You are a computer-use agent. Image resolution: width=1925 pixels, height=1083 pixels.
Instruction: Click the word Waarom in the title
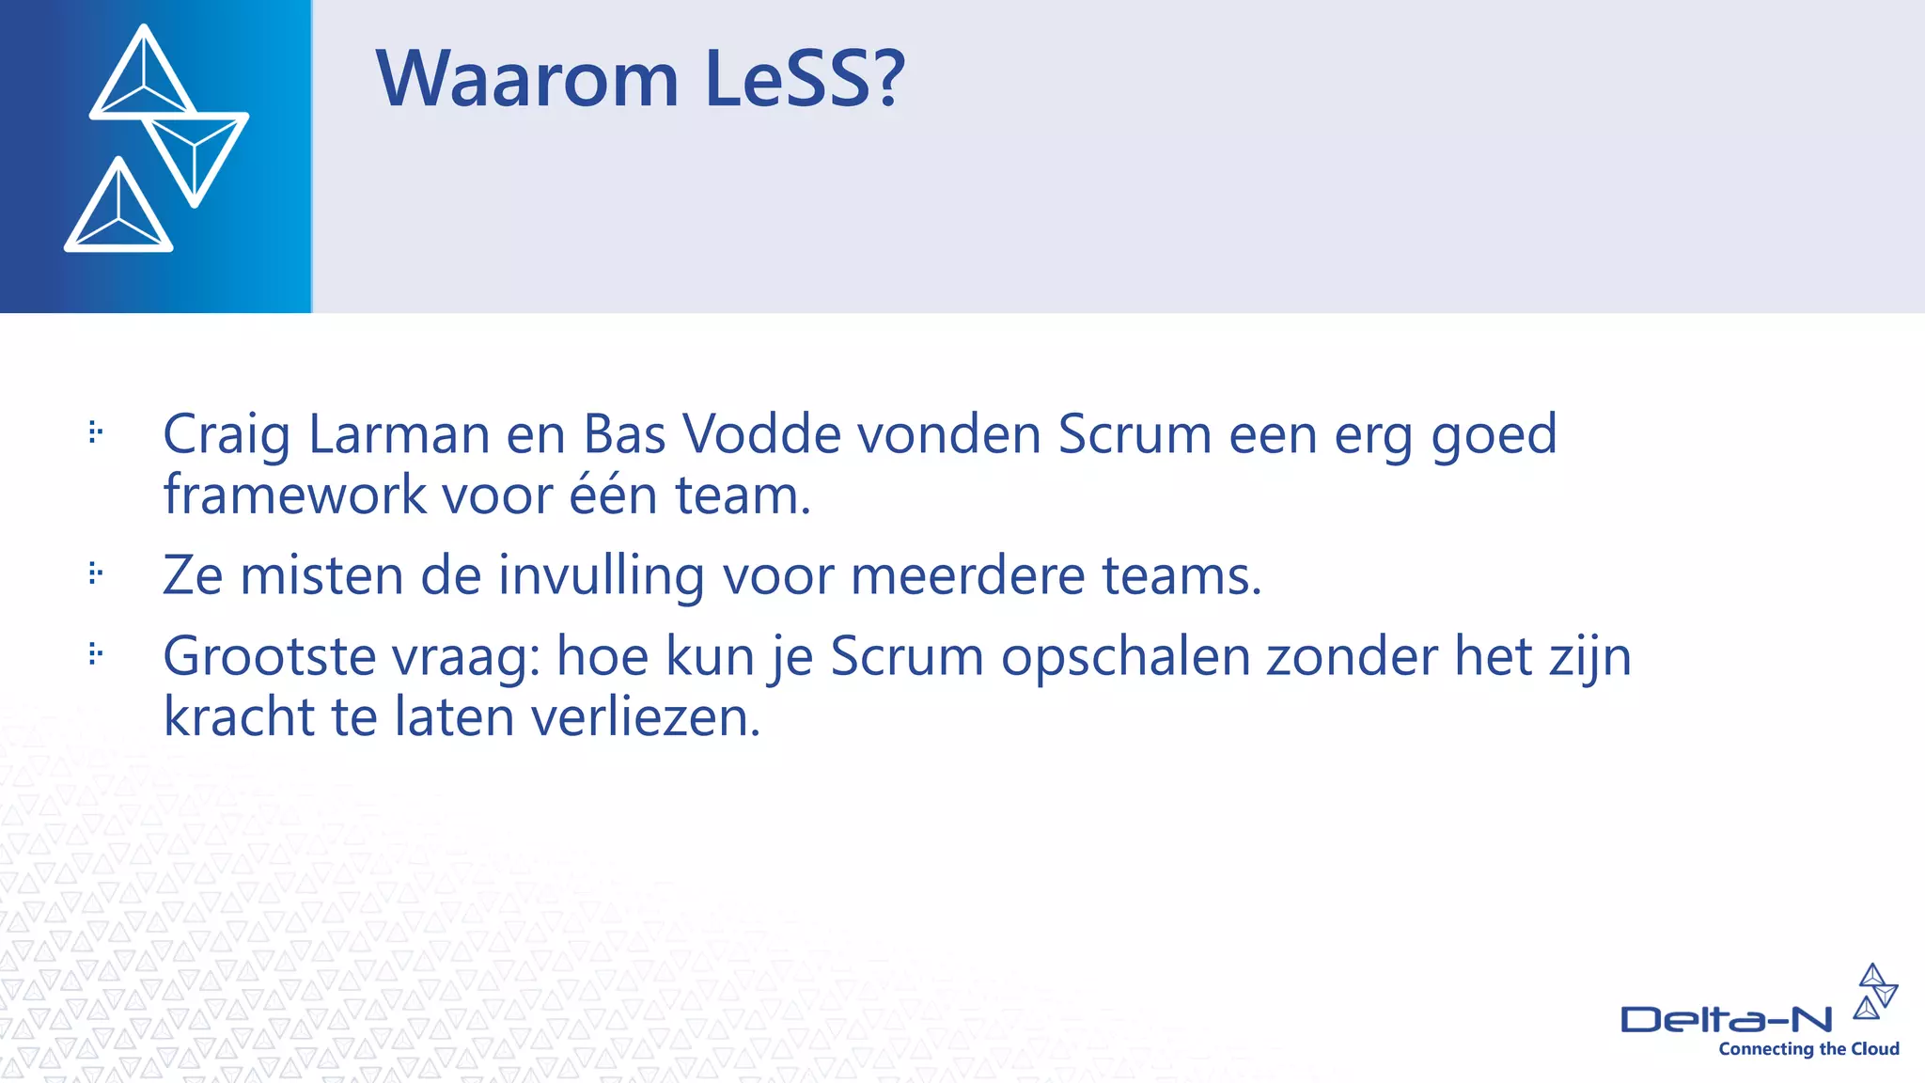(526, 79)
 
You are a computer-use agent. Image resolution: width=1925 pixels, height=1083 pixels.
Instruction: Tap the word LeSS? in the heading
(805, 79)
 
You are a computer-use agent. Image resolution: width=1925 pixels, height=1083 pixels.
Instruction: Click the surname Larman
(399, 435)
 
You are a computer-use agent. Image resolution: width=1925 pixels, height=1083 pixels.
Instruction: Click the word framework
(294, 495)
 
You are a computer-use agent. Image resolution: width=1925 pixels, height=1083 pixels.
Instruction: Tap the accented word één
(613, 495)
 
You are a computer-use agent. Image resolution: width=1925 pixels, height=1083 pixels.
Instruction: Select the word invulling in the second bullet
(601, 575)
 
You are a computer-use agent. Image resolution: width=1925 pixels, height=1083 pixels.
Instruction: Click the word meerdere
(967, 575)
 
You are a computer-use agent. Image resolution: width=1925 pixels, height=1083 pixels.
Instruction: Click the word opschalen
(1125, 658)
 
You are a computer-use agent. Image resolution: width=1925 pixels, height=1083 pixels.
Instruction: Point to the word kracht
(239, 717)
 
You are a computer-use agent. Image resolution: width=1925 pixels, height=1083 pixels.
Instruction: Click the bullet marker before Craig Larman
(95, 432)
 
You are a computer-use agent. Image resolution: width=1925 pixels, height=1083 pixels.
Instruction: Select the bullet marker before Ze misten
(95, 573)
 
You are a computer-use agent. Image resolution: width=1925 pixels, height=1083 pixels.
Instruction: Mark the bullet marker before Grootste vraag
(95, 653)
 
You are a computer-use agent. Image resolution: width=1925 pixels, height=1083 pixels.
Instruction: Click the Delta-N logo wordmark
(1726, 1019)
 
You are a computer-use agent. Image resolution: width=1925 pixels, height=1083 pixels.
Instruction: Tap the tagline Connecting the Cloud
(1808, 1049)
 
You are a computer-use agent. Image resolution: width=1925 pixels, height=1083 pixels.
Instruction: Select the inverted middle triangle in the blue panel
(196, 150)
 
